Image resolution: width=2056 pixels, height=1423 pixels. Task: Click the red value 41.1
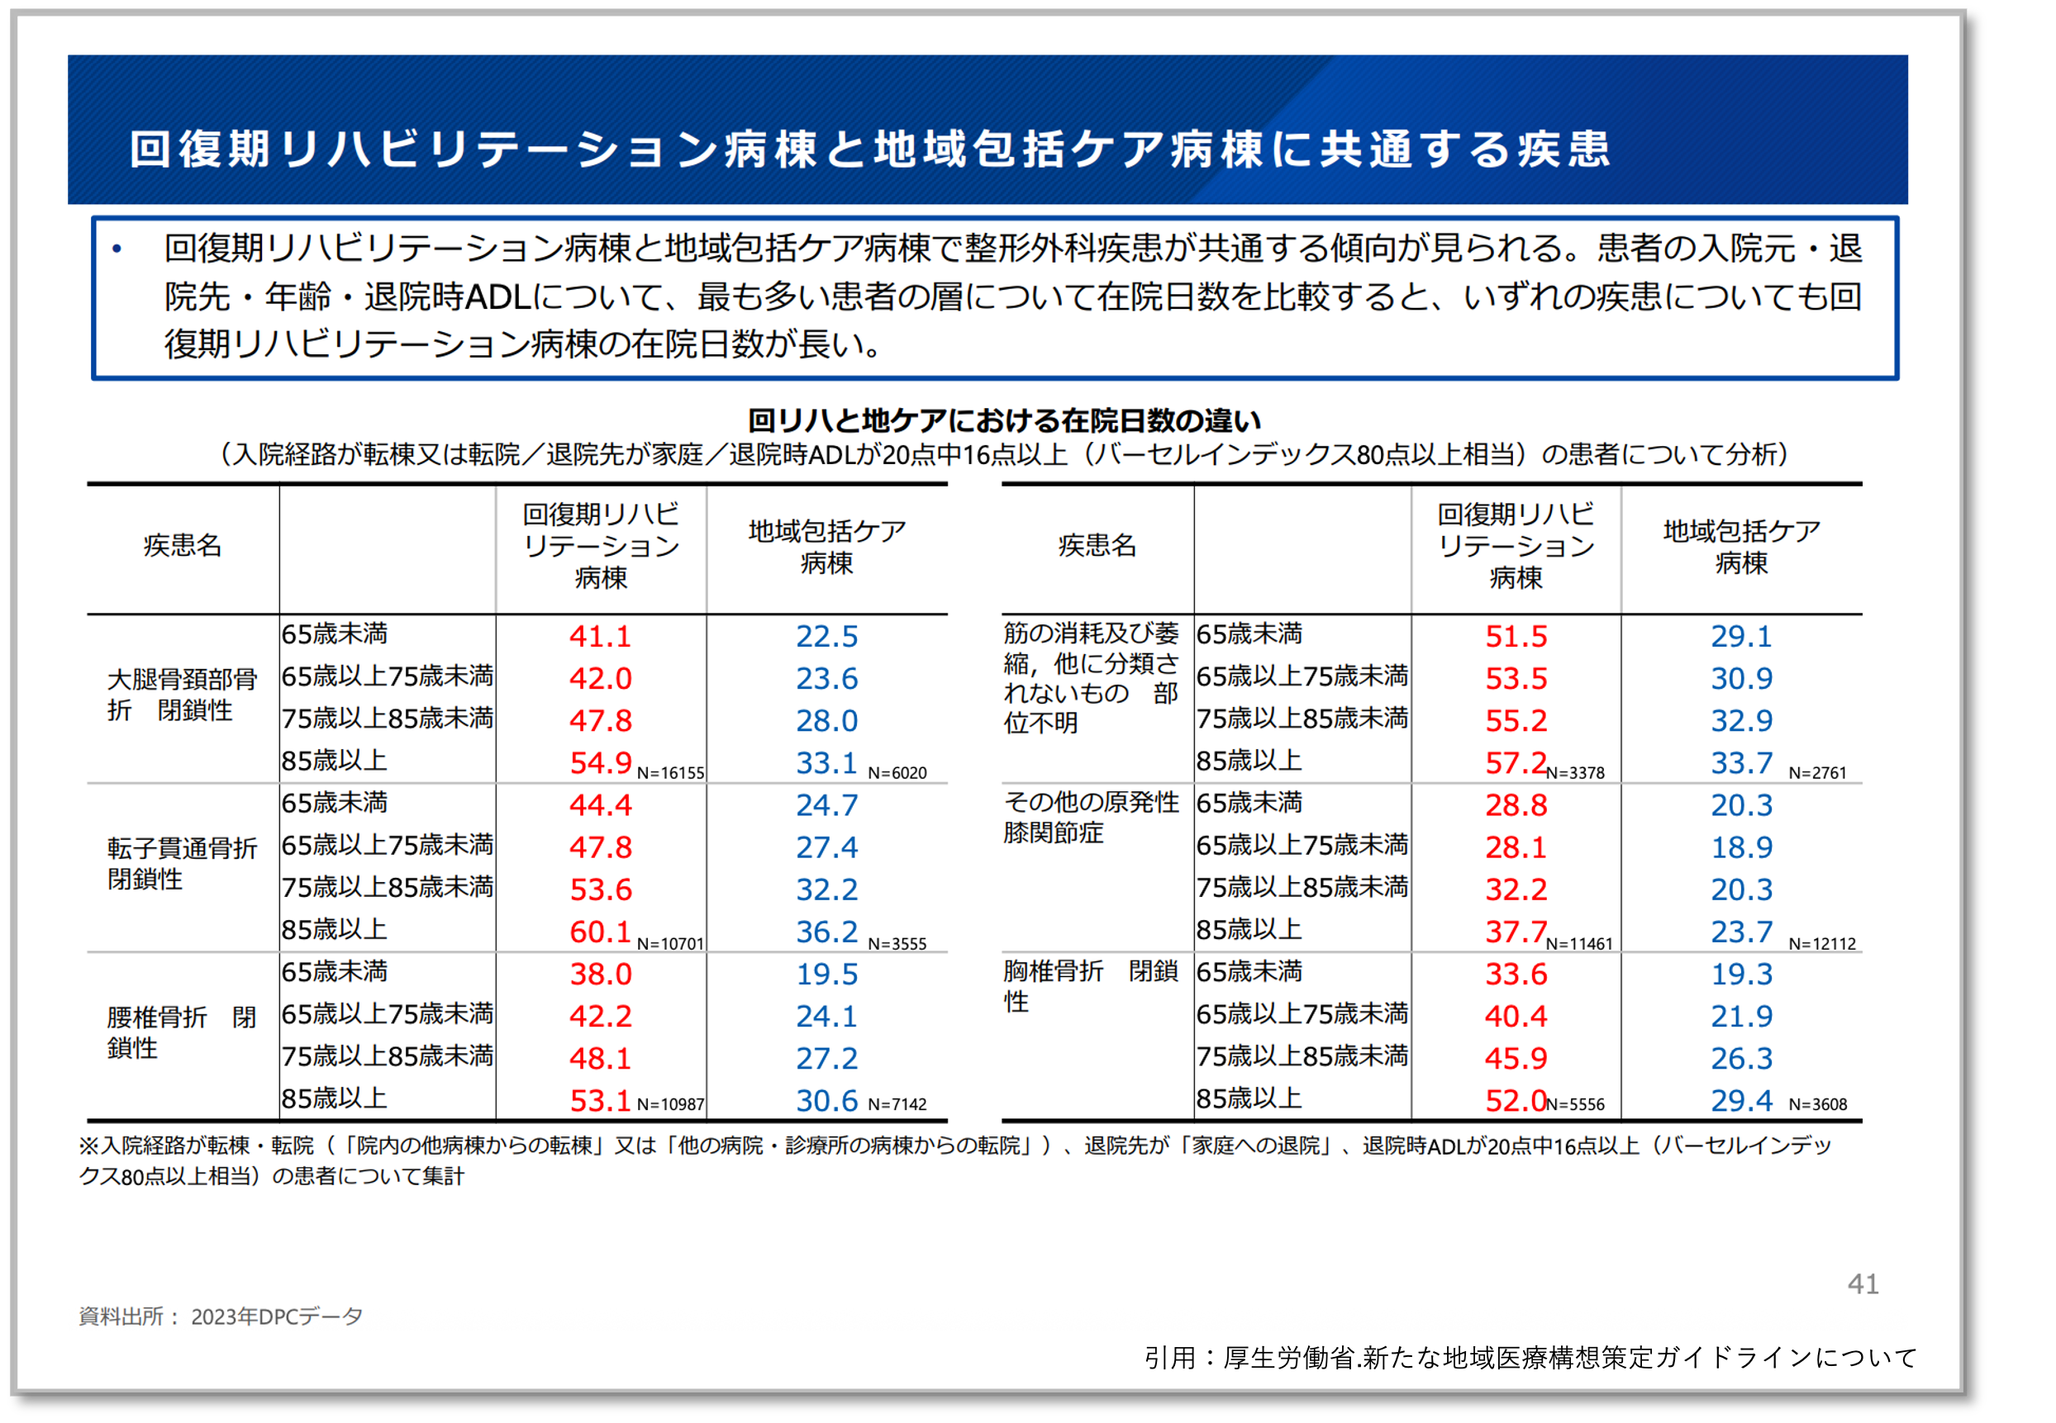tap(600, 637)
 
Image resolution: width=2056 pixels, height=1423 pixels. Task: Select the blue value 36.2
tap(827, 932)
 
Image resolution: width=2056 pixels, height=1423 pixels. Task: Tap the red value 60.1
tap(600, 932)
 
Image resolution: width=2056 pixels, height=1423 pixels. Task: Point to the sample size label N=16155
tap(670, 773)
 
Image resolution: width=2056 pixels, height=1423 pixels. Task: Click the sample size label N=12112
tap(1821, 943)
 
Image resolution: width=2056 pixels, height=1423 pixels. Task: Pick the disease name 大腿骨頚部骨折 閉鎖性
tap(182, 695)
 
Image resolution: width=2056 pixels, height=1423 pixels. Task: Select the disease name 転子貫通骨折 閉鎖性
tap(182, 863)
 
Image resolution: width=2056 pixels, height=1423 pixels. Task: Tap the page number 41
tap(1863, 1284)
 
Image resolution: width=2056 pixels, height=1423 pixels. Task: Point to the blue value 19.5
tap(827, 974)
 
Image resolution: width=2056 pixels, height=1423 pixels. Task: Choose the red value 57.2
tap(1515, 763)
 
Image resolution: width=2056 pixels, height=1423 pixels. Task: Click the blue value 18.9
tap(1741, 847)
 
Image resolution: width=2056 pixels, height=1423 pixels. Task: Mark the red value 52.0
tap(1515, 1101)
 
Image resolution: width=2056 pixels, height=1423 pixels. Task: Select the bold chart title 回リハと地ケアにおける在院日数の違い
tap(1004, 420)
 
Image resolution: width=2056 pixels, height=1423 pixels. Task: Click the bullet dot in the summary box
tap(117, 249)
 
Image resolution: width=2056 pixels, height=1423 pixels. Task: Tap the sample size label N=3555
tap(897, 943)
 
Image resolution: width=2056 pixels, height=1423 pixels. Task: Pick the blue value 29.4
tap(1741, 1101)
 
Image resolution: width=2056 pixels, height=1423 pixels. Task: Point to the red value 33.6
tap(1515, 974)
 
